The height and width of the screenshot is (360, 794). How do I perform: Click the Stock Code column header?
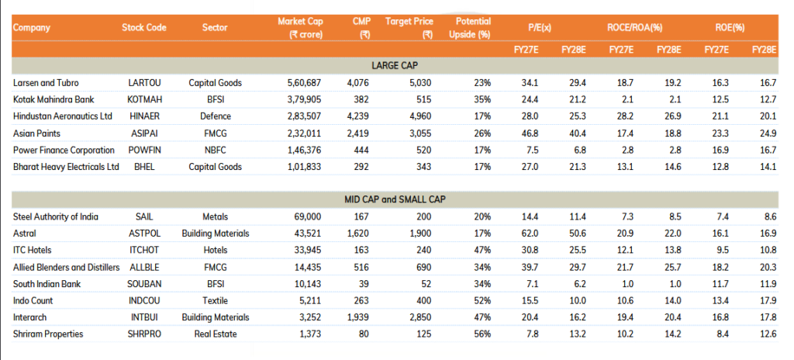point(144,28)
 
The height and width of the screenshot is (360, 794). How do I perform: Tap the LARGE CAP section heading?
point(395,65)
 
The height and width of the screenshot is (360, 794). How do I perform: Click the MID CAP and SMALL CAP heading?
point(395,199)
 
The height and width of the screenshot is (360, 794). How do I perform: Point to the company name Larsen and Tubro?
point(46,82)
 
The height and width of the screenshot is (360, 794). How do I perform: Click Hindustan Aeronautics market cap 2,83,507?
point(301,116)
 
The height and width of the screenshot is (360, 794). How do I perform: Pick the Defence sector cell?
point(215,116)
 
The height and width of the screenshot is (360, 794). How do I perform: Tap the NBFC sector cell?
point(215,150)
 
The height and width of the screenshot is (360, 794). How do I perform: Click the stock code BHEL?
point(144,167)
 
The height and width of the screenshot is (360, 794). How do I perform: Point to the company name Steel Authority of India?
point(56,216)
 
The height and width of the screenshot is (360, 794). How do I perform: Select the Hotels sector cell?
point(215,250)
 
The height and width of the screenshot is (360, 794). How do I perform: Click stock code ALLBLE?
point(145,267)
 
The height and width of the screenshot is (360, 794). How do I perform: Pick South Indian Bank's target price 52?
point(424,284)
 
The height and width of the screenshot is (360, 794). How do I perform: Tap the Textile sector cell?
point(215,300)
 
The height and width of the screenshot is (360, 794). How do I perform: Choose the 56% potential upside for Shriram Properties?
point(482,334)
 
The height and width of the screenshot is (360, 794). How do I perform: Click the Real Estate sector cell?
point(215,334)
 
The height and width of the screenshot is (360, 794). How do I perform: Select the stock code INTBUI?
point(145,317)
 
